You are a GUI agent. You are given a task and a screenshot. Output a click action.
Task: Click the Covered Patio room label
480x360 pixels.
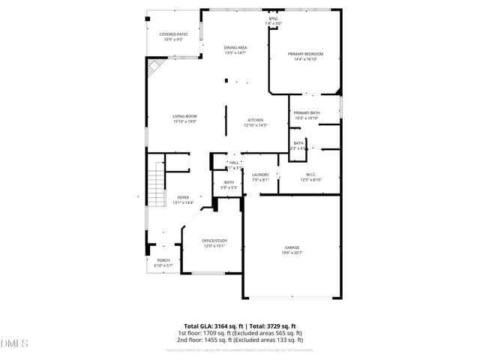(x=172, y=34)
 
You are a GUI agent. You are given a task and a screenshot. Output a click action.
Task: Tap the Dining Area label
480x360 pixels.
(x=235, y=47)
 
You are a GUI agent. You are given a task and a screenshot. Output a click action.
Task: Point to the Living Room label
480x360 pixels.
(x=184, y=115)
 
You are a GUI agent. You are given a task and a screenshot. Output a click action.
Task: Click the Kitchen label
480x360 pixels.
(x=256, y=120)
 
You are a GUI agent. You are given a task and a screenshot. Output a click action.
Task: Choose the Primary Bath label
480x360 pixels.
(x=307, y=112)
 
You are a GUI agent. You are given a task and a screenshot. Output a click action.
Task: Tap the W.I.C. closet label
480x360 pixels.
(x=310, y=174)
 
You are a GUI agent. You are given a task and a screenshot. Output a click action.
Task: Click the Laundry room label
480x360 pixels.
(x=260, y=175)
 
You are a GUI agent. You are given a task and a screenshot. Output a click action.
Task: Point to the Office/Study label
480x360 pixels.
(x=214, y=240)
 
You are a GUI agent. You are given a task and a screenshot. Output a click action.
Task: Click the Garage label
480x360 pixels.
(x=292, y=247)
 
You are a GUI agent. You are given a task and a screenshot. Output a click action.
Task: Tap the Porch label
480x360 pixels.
(x=163, y=260)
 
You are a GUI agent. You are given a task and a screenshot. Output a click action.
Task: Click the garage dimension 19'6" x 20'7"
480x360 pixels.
(x=292, y=253)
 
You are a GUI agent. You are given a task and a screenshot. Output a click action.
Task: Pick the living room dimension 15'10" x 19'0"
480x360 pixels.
(x=184, y=121)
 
